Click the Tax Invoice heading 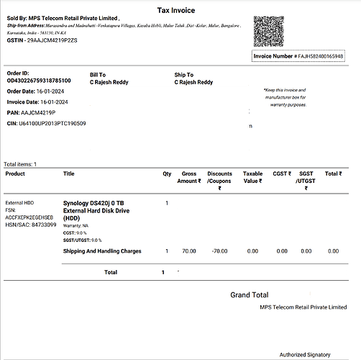180,9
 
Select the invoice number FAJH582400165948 319,56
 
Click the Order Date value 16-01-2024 62,91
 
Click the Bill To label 99,75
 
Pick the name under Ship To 193,82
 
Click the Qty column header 167,174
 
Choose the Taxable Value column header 252,177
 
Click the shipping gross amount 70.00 189,251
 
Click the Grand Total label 249,295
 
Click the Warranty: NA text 76,226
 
